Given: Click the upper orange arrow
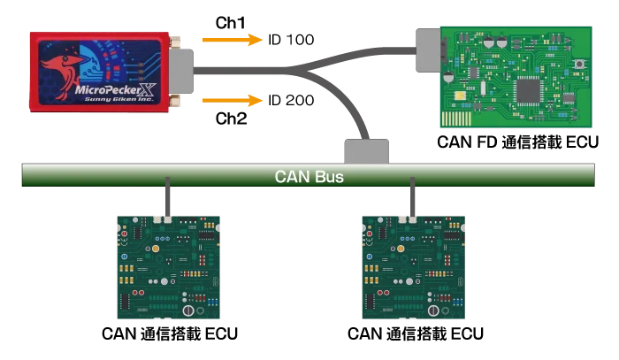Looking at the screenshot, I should coord(232,40).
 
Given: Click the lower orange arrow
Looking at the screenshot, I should coord(232,100).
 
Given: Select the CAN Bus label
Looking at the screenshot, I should coord(309,176).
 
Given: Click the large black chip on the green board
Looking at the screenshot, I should coord(529,89).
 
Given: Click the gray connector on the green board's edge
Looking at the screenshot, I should coord(427,50).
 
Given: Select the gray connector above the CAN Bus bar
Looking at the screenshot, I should coord(365,150).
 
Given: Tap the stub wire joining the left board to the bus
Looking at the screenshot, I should coord(168,199).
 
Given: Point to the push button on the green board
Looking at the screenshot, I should coord(579,65).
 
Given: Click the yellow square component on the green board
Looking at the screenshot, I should coord(459,95).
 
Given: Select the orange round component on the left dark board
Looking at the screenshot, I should coord(155,249).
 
